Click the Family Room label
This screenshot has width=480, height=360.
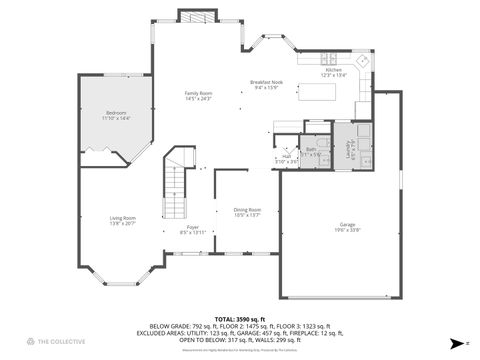(198, 96)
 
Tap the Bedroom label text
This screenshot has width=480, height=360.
(117, 115)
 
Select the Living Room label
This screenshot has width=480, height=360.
(123, 220)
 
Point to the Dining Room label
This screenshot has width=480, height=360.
(247, 212)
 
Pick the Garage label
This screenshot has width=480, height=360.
(347, 227)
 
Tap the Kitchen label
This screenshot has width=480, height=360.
(333, 71)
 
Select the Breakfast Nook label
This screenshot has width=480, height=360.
(267, 85)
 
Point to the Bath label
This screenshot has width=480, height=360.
(312, 151)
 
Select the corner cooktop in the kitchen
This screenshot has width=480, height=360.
(363, 60)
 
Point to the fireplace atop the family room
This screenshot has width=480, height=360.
(196, 16)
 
